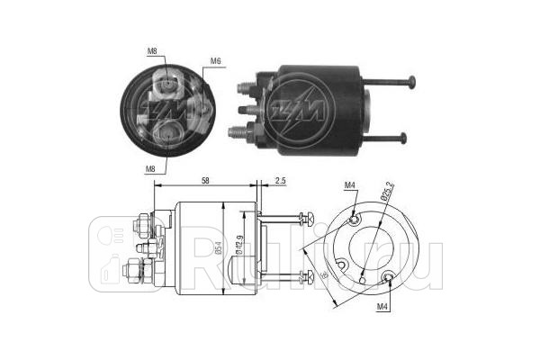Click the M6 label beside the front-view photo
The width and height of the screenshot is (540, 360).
216,61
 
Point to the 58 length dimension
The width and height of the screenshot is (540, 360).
207,182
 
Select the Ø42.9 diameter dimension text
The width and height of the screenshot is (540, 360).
238,247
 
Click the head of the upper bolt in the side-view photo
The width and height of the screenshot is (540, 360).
411,85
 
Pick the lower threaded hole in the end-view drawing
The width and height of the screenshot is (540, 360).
388,278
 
